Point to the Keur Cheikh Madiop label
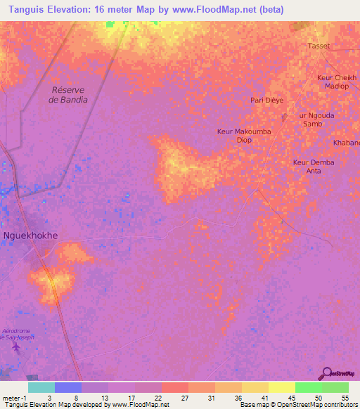click(x=337, y=82)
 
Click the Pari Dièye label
click(x=267, y=100)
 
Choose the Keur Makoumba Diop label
click(x=243, y=136)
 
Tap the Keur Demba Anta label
click(x=314, y=167)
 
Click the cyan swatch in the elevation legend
click(x=41, y=387)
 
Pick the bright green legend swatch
click(x=307, y=387)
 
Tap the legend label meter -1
click(x=14, y=397)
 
